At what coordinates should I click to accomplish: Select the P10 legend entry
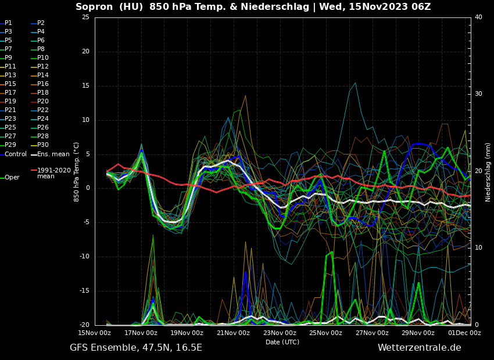click(x=43, y=58)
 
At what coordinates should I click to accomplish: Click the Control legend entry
click(x=16, y=154)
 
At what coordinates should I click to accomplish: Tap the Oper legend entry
click(x=12, y=178)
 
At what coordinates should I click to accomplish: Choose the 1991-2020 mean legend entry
click(x=53, y=173)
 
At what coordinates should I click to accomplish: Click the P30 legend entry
click(x=43, y=145)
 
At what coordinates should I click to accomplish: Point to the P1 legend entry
click(x=8, y=23)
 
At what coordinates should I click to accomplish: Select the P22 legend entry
click(x=43, y=110)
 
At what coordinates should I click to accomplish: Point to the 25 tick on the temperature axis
click(x=85, y=17)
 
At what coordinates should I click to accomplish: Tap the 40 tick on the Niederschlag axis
click(x=478, y=17)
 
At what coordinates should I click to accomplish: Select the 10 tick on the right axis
click(x=478, y=248)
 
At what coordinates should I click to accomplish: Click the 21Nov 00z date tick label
click(x=233, y=333)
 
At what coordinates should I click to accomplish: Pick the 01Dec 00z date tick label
click(x=464, y=333)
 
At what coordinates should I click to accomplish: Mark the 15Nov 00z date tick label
click(x=95, y=333)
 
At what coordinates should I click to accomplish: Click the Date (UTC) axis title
click(x=282, y=342)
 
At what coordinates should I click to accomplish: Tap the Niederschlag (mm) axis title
click(x=488, y=172)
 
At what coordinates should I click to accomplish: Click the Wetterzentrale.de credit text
click(x=419, y=348)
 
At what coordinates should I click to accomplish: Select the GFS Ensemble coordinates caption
click(x=136, y=348)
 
